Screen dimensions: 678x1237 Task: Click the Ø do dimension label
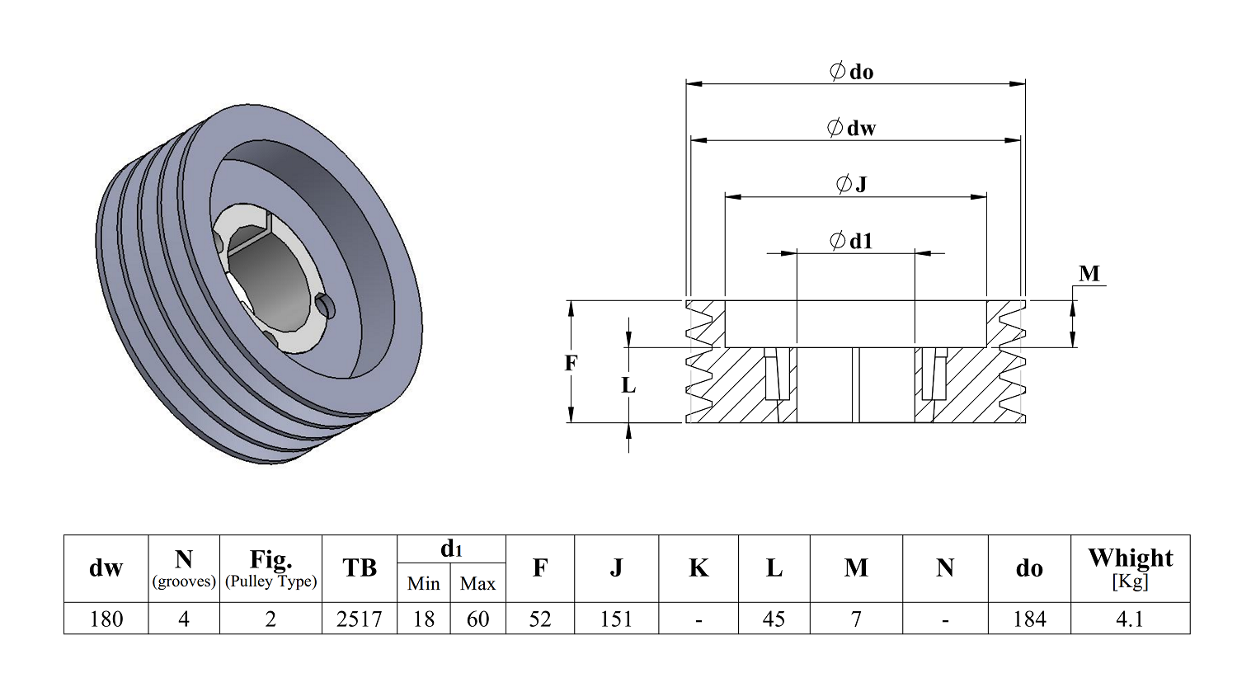click(x=851, y=72)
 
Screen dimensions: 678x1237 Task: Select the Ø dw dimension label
click(x=851, y=128)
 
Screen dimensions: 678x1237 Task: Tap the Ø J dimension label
click(x=851, y=184)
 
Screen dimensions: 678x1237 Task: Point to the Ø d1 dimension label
click(x=851, y=241)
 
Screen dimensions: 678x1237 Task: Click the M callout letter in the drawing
click(x=1089, y=274)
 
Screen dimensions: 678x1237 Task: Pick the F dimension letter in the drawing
click(x=571, y=363)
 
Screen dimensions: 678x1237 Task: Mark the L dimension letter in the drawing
click(x=628, y=385)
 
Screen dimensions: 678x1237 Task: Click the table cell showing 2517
click(x=359, y=619)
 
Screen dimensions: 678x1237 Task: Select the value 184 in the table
click(x=1028, y=619)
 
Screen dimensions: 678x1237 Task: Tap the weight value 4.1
click(x=1129, y=619)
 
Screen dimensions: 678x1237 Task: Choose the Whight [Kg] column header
click(x=1130, y=567)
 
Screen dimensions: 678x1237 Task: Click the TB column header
click(x=359, y=567)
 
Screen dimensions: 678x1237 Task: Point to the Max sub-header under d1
click(x=477, y=583)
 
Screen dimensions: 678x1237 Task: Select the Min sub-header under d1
click(x=423, y=583)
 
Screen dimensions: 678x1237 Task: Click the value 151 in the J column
click(x=616, y=619)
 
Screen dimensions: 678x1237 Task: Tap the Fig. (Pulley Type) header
click(x=270, y=567)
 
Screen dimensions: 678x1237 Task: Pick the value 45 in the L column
click(x=774, y=619)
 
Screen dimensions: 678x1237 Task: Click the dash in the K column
click(x=698, y=619)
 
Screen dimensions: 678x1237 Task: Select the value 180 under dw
click(x=106, y=619)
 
